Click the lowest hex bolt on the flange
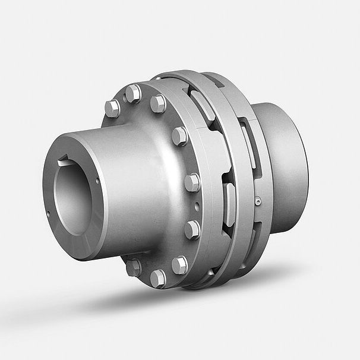coord(158,277)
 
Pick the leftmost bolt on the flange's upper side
coord(112,108)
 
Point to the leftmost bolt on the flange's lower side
coord(134,267)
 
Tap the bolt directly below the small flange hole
coord(192,228)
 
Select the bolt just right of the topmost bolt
coord(158,104)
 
